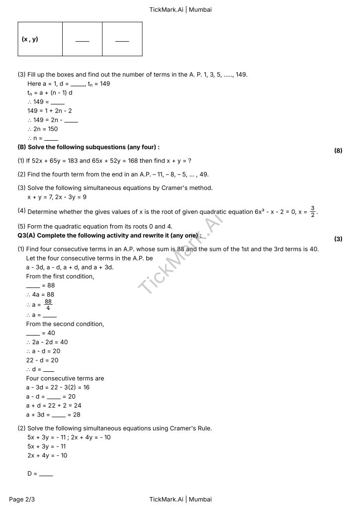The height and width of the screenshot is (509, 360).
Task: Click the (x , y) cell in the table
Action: [x=30, y=39]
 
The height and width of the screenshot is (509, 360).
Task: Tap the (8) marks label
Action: [x=338, y=150]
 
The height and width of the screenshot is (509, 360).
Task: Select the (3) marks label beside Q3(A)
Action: [x=338, y=239]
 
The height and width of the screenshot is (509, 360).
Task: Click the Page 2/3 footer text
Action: [x=22, y=499]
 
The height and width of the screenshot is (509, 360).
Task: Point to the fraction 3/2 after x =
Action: [x=313, y=211]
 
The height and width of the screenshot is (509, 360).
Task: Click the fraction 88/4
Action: [x=48, y=305]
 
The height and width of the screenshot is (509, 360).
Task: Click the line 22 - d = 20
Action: [x=42, y=360]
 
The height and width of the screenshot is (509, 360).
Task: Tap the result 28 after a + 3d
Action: [x=76, y=415]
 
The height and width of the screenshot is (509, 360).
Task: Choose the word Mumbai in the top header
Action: [x=200, y=9]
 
